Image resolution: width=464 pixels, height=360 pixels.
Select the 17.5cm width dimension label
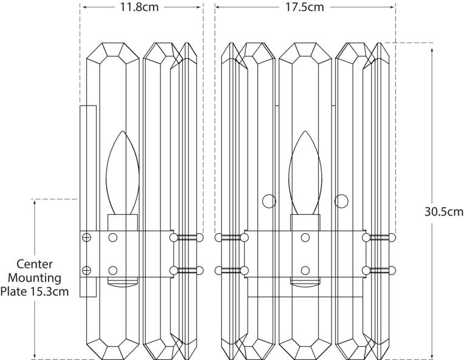click(305, 7)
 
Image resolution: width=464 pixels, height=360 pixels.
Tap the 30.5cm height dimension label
click(444, 212)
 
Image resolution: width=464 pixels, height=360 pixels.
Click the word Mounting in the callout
click(39, 278)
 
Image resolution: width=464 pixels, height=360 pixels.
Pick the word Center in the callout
click(34, 264)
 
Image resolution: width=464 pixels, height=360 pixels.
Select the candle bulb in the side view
click(122, 173)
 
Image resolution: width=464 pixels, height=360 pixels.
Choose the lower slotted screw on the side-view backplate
click(87, 270)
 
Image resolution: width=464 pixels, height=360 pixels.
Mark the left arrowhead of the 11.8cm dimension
click(84, 7)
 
